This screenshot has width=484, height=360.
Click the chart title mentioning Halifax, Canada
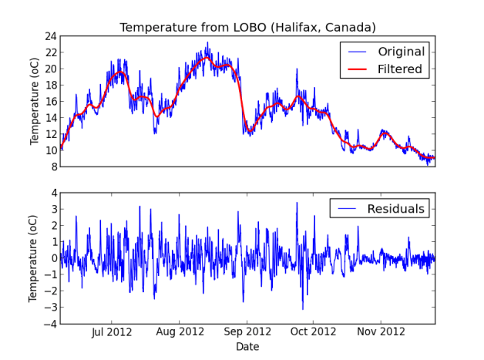pos(247,27)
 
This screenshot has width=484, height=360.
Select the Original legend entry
pos(401,52)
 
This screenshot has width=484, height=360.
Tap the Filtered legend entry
pos(399,69)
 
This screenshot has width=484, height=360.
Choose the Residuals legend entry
pos(395,209)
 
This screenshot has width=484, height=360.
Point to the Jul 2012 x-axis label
pos(113,332)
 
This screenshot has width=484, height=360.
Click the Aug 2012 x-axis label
pos(180,332)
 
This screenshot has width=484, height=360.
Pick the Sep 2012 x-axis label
pos(247,332)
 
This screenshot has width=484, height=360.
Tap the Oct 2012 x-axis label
pos(312,332)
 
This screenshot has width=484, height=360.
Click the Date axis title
pos(247,347)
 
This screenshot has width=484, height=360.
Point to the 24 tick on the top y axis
pos(49,35)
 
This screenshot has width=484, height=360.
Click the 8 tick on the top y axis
pos(52,167)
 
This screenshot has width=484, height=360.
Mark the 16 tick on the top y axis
pos(49,101)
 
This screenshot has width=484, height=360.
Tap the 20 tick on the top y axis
pos(49,69)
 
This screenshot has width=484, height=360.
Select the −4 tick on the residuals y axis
pos(49,324)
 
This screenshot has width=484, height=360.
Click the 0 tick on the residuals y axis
pos(52,258)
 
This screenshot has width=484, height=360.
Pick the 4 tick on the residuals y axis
pos(52,193)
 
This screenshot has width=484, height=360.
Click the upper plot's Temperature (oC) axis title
pos(35,101)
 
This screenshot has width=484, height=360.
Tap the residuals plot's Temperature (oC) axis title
pos(35,258)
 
